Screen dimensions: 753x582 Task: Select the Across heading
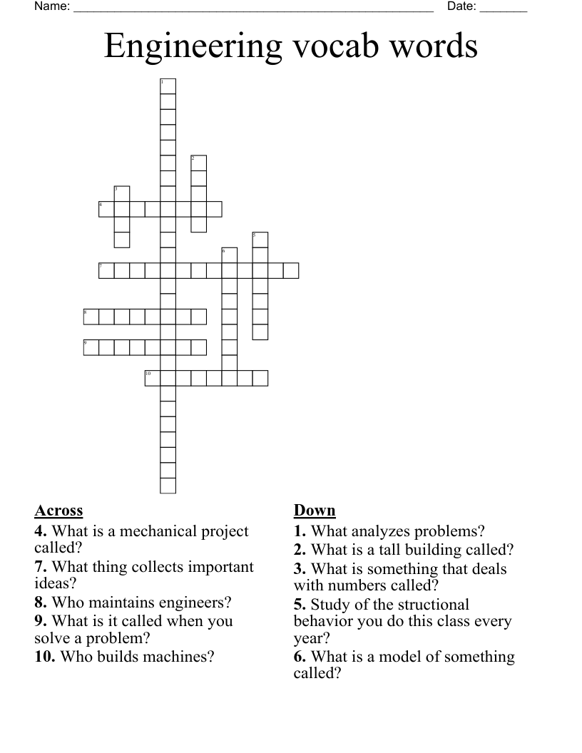click(58, 511)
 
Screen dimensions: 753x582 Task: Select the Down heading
click(315, 511)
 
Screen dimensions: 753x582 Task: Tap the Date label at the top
click(461, 6)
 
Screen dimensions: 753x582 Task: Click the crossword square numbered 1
click(168, 86)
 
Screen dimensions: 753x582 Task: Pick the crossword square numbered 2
click(198, 163)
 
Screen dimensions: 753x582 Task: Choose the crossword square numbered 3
click(122, 193)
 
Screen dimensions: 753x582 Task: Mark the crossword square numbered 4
click(106, 209)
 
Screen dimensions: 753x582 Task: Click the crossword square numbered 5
click(260, 240)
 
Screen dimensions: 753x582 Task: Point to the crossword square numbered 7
click(106, 270)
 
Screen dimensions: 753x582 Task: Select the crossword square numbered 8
click(91, 317)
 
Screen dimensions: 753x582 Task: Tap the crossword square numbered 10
click(153, 378)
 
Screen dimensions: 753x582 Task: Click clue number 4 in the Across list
click(41, 531)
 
